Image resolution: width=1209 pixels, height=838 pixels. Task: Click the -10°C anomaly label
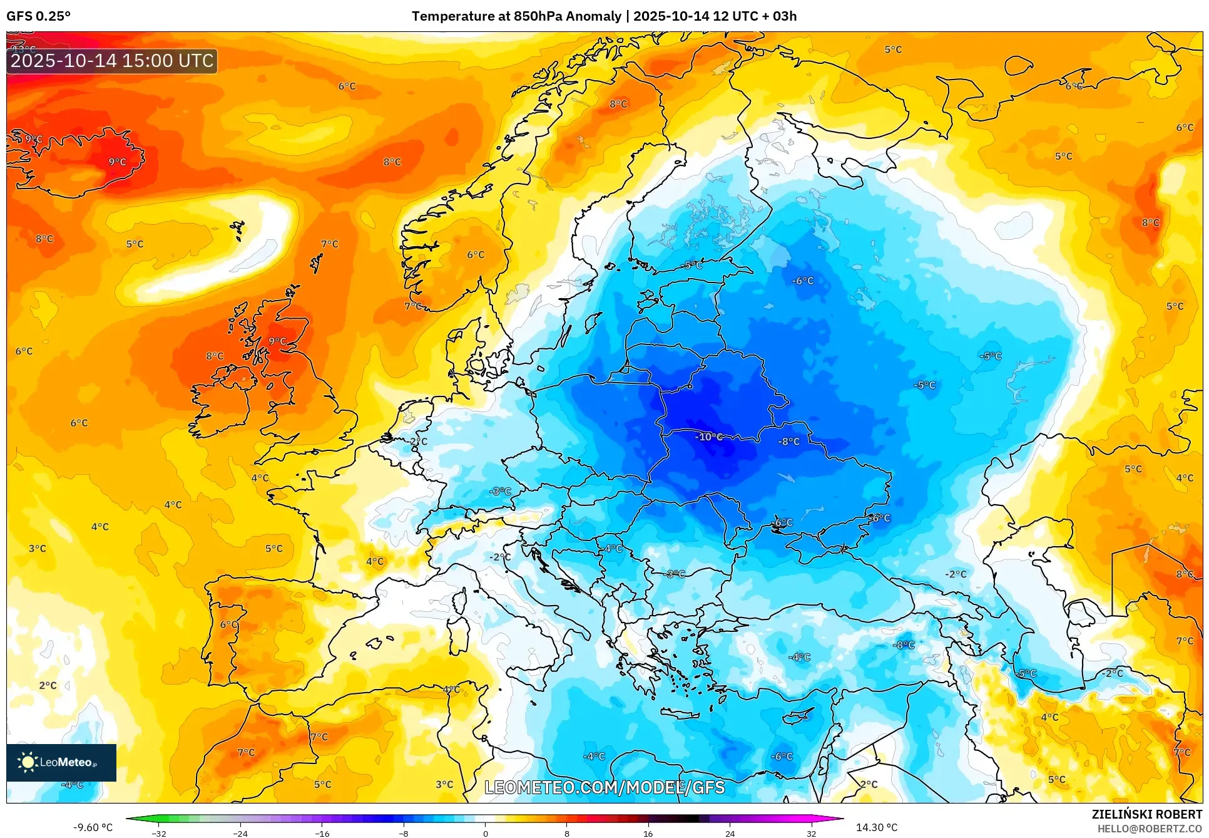coord(709,437)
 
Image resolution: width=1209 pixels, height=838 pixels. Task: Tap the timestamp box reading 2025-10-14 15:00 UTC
coord(112,61)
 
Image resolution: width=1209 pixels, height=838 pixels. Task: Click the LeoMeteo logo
coord(61,762)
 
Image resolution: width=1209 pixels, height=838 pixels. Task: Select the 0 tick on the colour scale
coord(485,834)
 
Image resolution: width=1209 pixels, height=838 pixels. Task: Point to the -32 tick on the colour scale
coord(159,834)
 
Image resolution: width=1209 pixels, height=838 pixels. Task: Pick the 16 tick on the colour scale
coord(648,834)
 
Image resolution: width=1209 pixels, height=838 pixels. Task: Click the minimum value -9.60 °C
coord(93,827)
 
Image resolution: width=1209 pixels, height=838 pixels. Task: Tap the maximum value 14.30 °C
coord(876,827)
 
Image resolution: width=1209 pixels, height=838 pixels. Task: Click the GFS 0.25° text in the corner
coord(38,16)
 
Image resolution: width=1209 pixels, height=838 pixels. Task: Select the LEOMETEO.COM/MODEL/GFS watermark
coord(604,787)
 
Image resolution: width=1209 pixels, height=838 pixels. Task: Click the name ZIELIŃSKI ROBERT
coord(1147,814)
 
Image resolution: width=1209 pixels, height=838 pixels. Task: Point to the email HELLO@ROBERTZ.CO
coord(1150,829)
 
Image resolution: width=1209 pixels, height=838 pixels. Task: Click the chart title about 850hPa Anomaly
coord(604,16)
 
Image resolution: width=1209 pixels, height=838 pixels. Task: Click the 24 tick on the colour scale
coord(730,834)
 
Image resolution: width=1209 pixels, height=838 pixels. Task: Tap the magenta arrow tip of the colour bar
coord(839,818)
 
